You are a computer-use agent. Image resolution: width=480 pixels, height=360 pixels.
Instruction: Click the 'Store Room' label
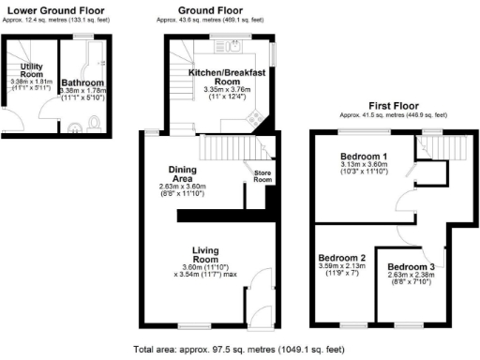coord(262,175)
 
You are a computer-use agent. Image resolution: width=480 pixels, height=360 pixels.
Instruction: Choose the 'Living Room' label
coord(205,254)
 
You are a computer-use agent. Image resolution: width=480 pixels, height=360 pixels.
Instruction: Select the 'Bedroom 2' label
coord(341,258)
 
